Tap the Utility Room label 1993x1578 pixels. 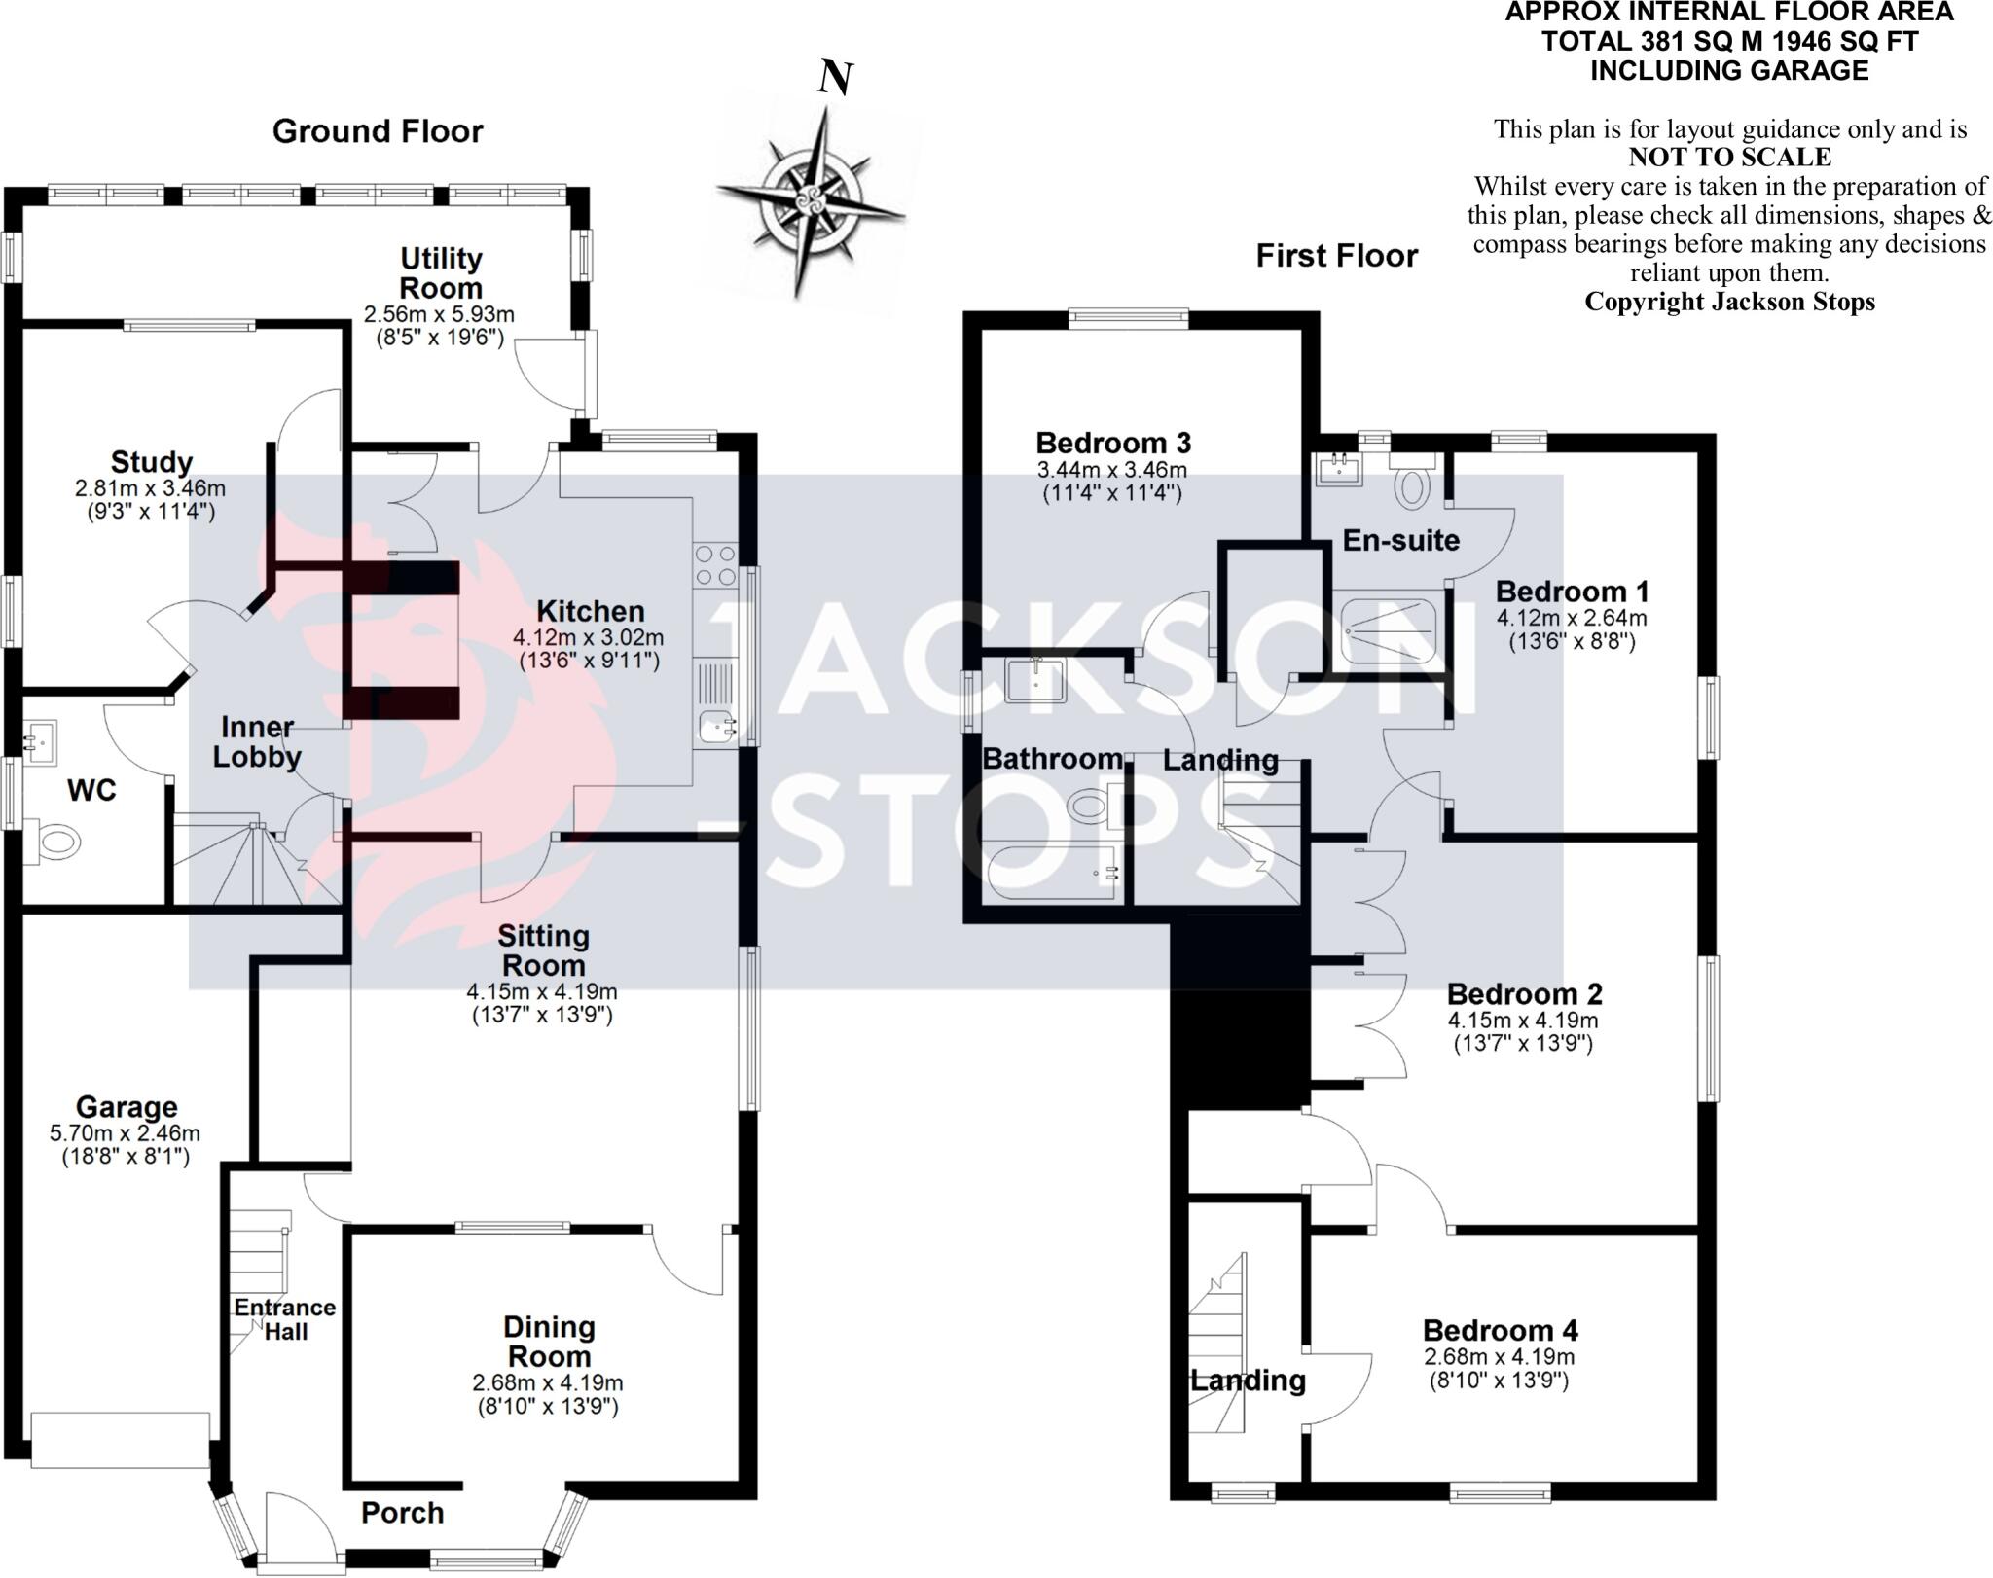click(x=441, y=273)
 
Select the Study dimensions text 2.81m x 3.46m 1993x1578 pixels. click(x=151, y=488)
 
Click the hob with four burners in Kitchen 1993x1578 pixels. click(x=714, y=565)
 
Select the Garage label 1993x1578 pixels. click(x=127, y=1107)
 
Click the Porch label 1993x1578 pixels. click(x=402, y=1512)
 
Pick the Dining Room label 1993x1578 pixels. click(x=548, y=1342)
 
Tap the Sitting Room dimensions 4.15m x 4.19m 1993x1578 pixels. click(x=541, y=992)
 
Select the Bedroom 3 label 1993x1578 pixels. click(x=1112, y=444)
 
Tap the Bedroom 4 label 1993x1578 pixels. click(x=1500, y=1330)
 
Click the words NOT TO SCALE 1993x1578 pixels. click(x=1729, y=158)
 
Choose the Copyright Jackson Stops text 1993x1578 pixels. click(x=1729, y=302)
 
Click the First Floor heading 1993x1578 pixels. click(x=1336, y=256)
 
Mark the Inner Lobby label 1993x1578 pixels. click(x=257, y=741)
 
